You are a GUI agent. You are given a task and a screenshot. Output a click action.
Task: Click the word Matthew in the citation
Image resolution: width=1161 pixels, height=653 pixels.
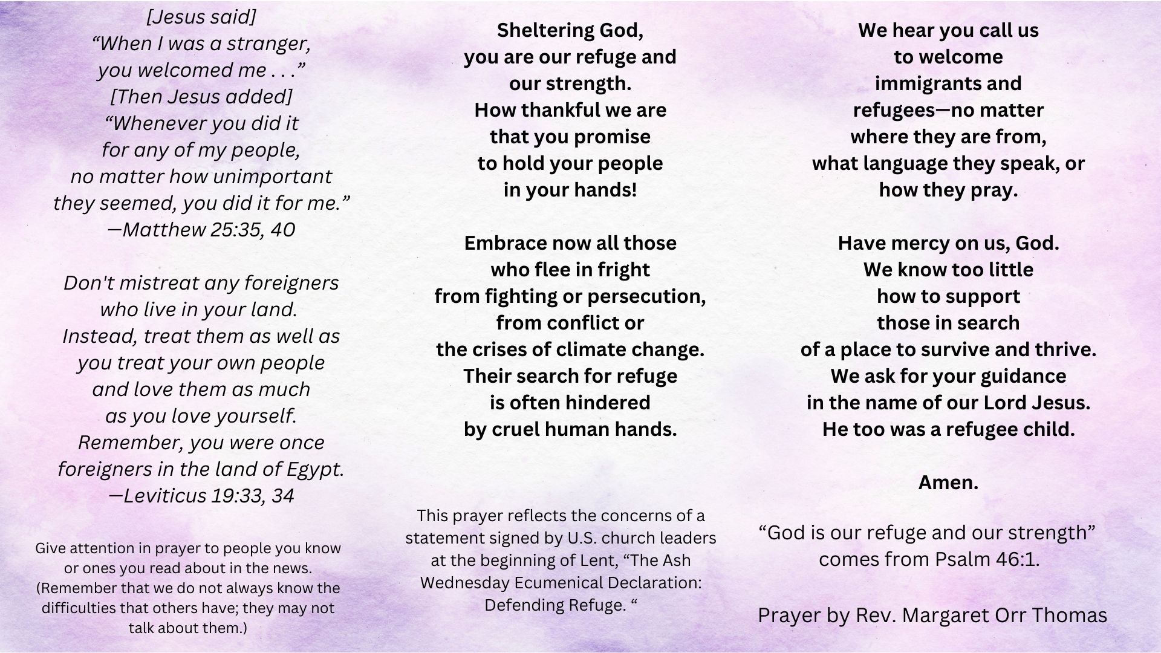pos(164,230)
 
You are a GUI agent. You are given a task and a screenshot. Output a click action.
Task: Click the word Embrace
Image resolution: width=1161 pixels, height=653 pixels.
pos(506,243)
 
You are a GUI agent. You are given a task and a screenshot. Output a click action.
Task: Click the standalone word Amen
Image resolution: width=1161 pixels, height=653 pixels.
pos(948,482)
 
